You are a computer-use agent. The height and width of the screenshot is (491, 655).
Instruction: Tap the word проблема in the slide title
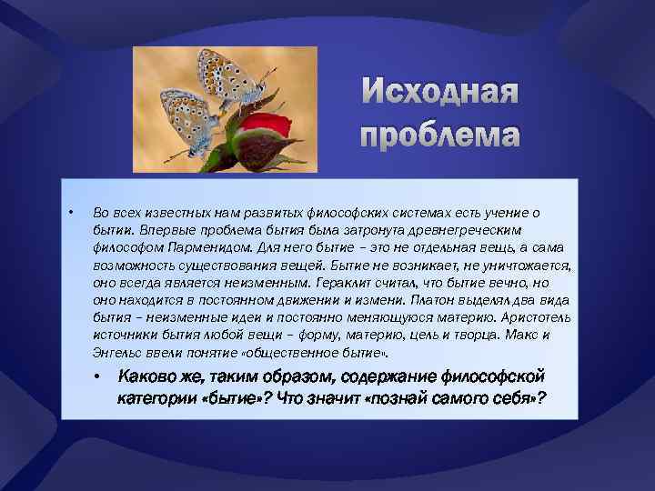[440, 135]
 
